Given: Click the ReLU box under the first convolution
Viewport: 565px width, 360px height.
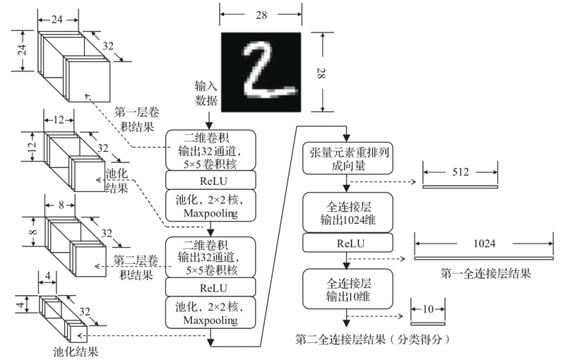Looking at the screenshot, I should pos(209,179).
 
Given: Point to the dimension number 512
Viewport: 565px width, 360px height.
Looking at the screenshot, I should pos(460,171).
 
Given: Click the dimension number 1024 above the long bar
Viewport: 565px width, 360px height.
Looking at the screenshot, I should pos(484,244).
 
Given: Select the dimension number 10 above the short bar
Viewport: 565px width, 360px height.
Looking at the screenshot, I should pos(428,308).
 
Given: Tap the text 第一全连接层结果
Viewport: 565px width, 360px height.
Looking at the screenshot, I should pos(484,272).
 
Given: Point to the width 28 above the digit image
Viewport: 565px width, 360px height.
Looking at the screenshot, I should pos(262,12).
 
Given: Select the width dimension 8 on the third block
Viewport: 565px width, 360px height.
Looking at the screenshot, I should pos(62,205).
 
